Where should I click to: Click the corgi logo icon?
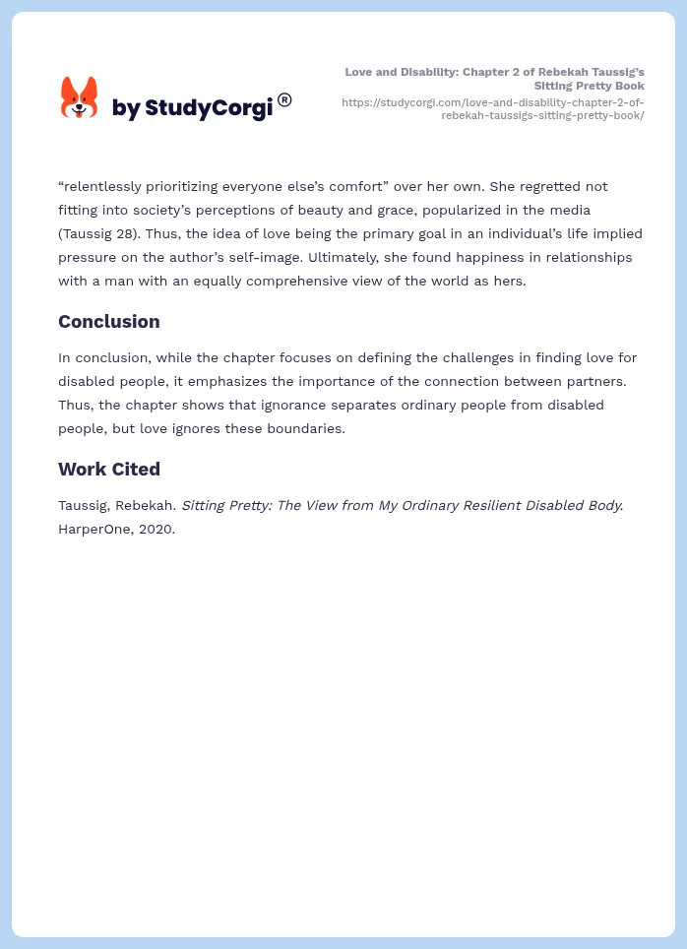tap(79, 97)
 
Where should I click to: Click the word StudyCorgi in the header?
tap(208, 108)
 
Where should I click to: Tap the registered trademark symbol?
tap(284, 99)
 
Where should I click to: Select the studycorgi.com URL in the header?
tap(493, 108)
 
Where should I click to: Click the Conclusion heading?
tap(108, 321)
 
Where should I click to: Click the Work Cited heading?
tap(108, 469)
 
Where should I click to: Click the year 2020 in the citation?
tap(157, 529)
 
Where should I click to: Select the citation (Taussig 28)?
tap(103, 233)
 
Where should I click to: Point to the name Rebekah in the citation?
tap(148, 505)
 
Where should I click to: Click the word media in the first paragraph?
tap(596, 210)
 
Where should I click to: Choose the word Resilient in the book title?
tap(467, 505)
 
